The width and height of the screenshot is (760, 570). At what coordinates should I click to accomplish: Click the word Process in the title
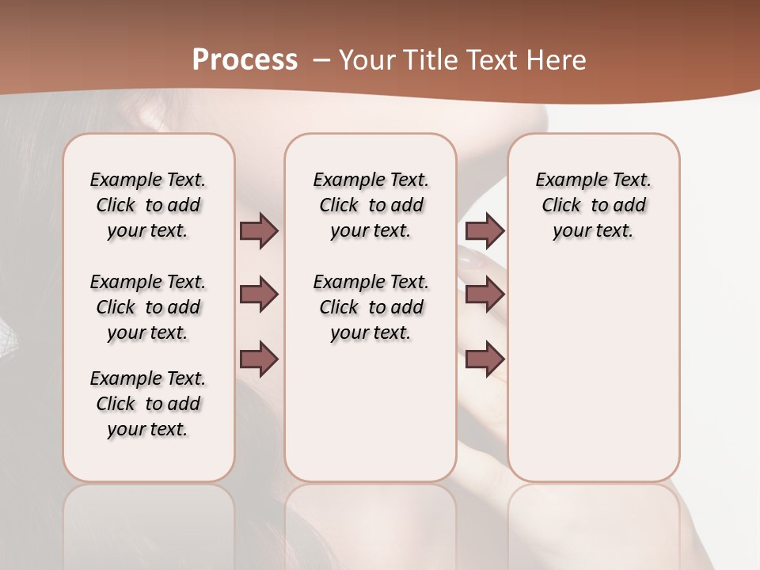click(x=245, y=59)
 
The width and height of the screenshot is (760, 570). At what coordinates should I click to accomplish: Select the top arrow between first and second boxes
click(x=259, y=230)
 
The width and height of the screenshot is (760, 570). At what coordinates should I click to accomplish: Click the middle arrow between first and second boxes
click(x=259, y=294)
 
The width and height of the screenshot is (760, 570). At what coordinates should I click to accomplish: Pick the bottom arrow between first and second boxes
click(x=259, y=359)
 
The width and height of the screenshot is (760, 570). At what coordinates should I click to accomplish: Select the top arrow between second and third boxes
click(x=484, y=230)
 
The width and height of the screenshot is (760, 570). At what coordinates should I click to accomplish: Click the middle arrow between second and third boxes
click(x=484, y=294)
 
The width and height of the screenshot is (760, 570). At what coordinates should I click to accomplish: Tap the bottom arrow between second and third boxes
click(x=484, y=359)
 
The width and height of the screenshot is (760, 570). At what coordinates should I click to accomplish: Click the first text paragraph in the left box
click(x=148, y=205)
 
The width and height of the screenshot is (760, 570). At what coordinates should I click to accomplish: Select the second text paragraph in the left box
click(x=148, y=307)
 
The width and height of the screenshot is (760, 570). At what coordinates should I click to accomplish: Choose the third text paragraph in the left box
click(x=148, y=404)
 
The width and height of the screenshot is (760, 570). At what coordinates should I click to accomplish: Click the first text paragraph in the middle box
click(x=370, y=205)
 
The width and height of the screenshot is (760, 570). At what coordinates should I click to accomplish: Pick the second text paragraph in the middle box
click(x=370, y=307)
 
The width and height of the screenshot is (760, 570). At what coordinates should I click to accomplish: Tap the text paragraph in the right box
click(x=593, y=205)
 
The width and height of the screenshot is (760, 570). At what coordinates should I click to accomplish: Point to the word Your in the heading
click(x=365, y=59)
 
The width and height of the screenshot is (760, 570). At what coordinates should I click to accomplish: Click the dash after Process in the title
click(x=322, y=59)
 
